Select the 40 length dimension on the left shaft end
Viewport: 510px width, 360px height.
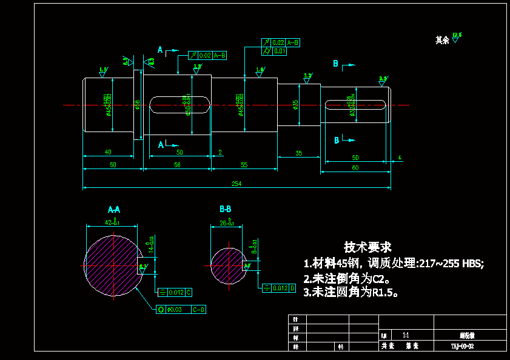tap(108, 152)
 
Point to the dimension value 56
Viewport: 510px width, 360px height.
tap(177, 165)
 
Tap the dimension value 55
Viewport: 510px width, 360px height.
tap(244, 165)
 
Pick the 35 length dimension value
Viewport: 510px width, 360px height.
tap(298, 153)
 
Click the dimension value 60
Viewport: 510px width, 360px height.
tap(355, 167)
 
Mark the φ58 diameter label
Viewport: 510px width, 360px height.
tap(137, 105)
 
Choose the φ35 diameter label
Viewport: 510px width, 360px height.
tap(295, 105)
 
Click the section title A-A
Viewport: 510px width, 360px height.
tap(114, 210)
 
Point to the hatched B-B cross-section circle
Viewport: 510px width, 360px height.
tap(227, 265)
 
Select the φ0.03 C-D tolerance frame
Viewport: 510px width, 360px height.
tap(181, 310)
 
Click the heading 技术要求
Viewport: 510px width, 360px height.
tap(367, 247)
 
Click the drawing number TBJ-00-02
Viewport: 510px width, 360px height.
tap(462, 347)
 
